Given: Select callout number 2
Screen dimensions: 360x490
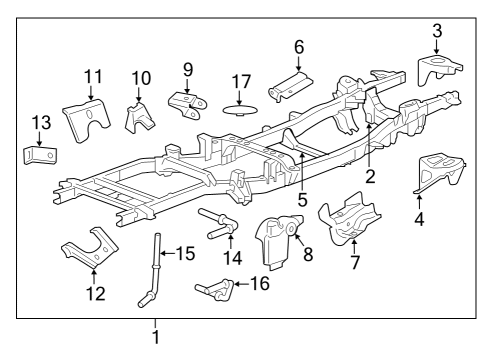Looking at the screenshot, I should pos(370,178).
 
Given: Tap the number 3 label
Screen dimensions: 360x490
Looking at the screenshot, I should pos(436,32).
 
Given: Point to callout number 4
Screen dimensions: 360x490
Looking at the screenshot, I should pos(419,218).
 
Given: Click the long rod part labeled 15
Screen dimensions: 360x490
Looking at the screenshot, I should pos(156,265).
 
